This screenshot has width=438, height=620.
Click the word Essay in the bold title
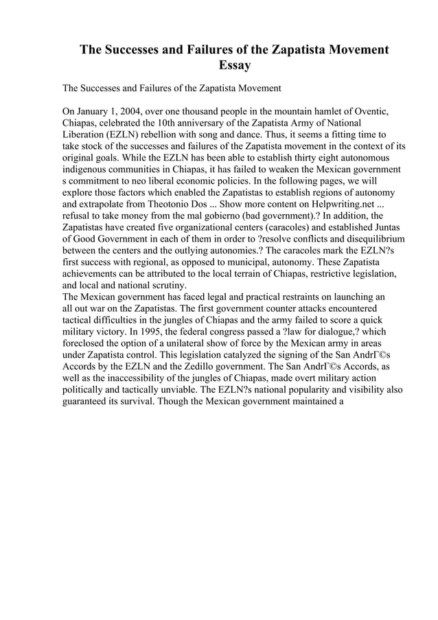(234, 67)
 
